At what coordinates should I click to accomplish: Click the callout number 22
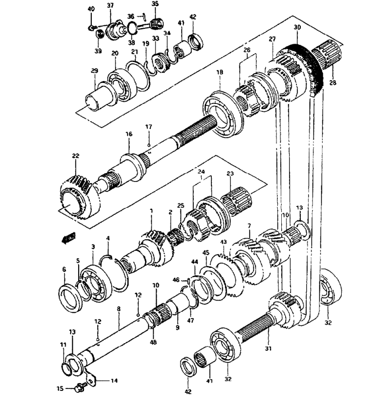pyautogui.click(x=76, y=156)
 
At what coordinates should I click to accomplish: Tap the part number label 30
pyautogui.click(x=297, y=27)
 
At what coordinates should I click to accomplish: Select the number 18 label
pyautogui.click(x=220, y=72)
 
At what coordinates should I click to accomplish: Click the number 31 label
pyautogui.click(x=268, y=348)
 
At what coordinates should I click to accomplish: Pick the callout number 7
pyautogui.click(x=249, y=225)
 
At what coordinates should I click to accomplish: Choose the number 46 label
pyautogui.click(x=176, y=280)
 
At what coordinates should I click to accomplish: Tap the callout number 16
pyautogui.click(x=129, y=134)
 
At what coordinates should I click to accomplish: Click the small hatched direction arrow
pyautogui.click(x=69, y=238)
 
